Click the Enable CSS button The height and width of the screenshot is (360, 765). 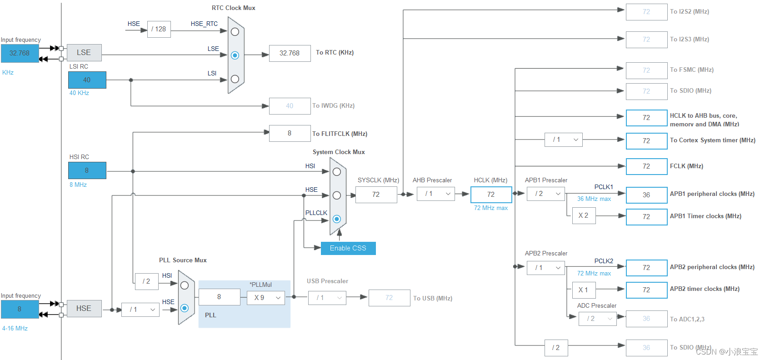(x=348, y=248)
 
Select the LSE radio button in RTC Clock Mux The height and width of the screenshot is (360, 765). (x=235, y=55)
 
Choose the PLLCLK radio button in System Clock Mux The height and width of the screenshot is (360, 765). (x=337, y=219)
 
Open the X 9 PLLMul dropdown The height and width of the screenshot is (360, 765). (x=266, y=298)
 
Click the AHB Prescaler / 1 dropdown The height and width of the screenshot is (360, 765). (x=435, y=194)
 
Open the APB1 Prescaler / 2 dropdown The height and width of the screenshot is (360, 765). (x=546, y=194)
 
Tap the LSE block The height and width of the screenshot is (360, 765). (x=84, y=53)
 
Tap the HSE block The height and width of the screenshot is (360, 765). (x=84, y=309)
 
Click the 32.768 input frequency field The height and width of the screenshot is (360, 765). (x=20, y=53)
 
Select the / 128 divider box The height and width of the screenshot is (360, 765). (x=159, y=29)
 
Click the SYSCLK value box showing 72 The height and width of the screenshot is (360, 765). (x=376, y=195)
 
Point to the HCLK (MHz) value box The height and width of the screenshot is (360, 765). (x=491, y=195)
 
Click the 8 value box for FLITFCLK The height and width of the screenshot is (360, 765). (x=290, y=133)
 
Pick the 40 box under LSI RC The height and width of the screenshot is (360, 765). (x=87, y=80)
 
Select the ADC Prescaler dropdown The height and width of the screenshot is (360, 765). (x=597, y=319)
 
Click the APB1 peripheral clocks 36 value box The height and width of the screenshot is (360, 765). (x=646, y=195)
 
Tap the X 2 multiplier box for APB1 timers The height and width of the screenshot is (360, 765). (x=584, y=215)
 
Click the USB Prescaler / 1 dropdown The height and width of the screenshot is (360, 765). (x=327, y=298)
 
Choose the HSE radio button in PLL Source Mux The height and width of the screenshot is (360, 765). (x=185, y=308)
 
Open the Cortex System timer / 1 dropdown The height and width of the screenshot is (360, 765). (x=563, y=140)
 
